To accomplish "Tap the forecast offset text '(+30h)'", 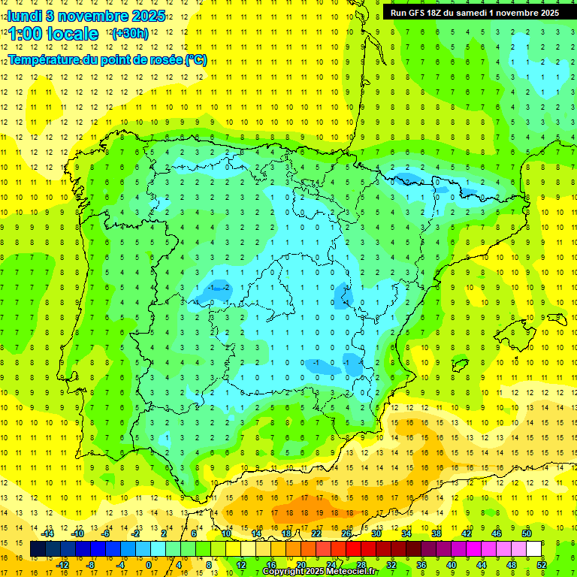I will (x=129, y=33).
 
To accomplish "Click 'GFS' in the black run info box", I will (x=420, y=13).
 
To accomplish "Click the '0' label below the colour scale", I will (x=150, y=565).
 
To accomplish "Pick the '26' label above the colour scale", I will (x=346, y=533).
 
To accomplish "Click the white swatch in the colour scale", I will (x=534, y=549).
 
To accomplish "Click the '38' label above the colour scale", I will (x=437, y=533).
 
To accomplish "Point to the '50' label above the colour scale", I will (x=527, y=533).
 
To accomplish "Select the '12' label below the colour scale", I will (x=241, y=565).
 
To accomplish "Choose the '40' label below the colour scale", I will (x=452, y=565).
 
